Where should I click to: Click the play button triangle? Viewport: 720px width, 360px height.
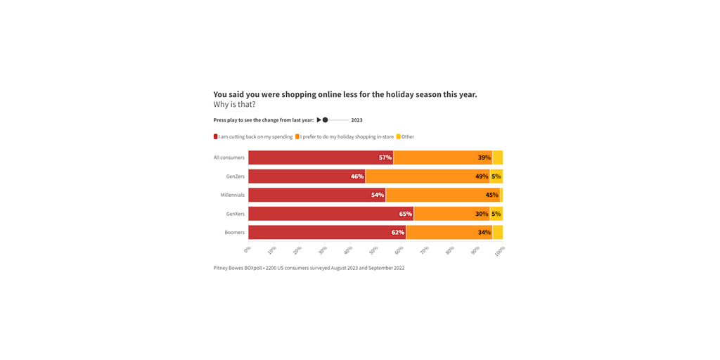click(x=319, y=120)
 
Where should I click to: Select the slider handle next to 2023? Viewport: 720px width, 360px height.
click(x=325, y=120)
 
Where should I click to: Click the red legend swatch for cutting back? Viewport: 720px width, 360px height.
click(x=216, y=136)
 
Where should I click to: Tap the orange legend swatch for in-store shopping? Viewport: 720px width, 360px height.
click(x=297, y=136)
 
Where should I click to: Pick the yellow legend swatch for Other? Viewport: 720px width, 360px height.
click(x=399, y=136)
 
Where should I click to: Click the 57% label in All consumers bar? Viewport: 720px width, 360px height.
click(x=385, y=157)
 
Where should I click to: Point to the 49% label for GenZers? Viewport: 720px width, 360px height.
click(x=482, y=176)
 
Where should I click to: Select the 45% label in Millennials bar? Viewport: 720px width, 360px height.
click(x=491, y=195)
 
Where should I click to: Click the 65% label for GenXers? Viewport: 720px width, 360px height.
click(x=405, y=214)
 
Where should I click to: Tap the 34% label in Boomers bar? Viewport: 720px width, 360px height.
click(x=484, y=233)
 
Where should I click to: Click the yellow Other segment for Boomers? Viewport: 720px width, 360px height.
click(x=498, y=233)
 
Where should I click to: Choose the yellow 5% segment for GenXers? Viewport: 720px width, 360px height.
click(x=496, y=214)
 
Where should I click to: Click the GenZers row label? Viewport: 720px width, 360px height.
click(x=235, y=176)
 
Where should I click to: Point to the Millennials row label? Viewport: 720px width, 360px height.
click(x=233, y=195)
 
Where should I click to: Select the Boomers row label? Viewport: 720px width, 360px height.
click(x=235, y=233)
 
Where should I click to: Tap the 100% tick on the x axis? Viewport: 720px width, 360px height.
click(x=500, y=251)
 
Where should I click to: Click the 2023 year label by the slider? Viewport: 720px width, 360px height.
click(x=356, y=120)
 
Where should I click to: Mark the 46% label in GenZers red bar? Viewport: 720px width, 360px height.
click(x=357, y=176)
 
